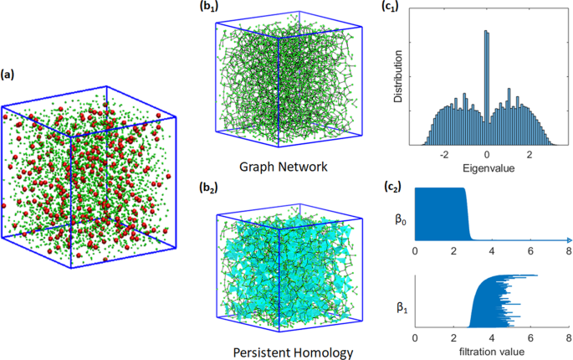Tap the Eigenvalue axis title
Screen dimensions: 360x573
[x=486, y=167]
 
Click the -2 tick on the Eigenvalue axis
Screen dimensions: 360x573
[x=445, y=155]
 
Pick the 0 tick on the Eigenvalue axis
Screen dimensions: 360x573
[x=487, y=155]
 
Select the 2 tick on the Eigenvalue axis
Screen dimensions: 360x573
[x=529, y=155]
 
